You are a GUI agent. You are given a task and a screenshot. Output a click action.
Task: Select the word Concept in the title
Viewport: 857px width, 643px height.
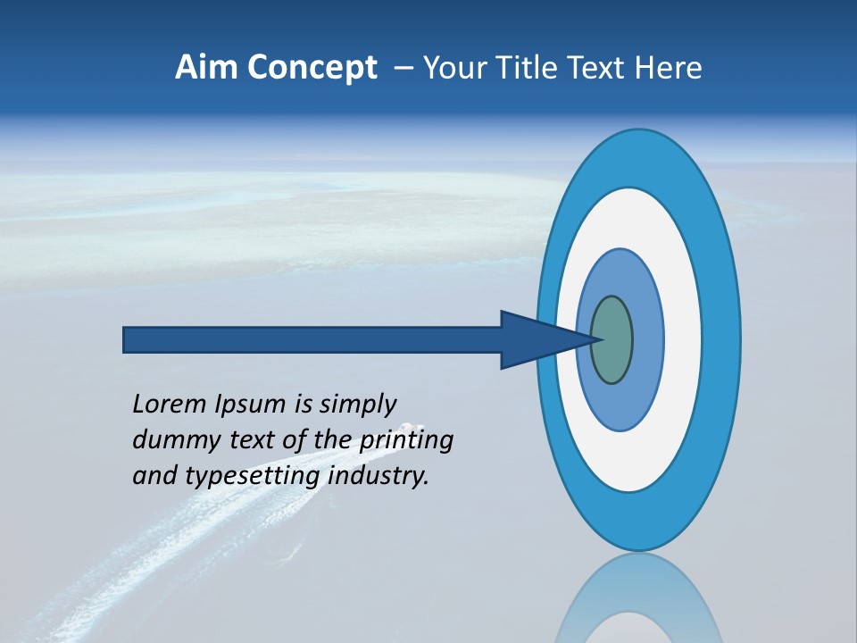tap(312, 69)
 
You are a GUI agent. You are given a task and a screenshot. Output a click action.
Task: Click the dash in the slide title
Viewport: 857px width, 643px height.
tap(403, 69)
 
